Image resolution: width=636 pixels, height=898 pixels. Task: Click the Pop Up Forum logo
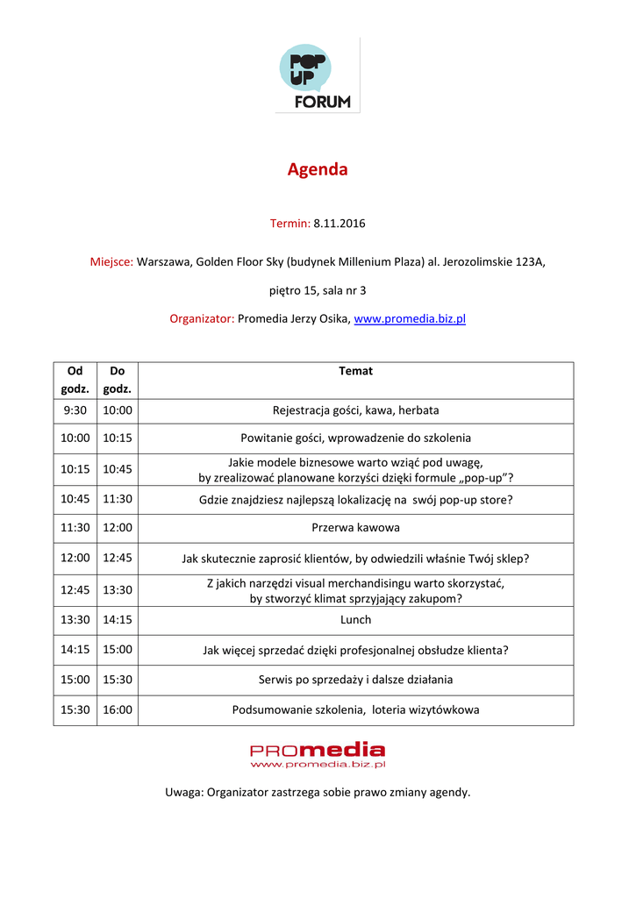(317, 78)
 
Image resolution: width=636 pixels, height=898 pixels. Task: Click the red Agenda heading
(318, 169)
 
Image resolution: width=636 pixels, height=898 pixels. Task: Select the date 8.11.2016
(339, 224)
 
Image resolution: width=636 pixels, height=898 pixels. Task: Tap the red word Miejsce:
(111, 261)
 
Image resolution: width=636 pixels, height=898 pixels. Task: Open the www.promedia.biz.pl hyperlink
(409, 318)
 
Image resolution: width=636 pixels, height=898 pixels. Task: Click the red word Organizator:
(202, 318)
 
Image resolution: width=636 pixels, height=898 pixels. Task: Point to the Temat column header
(355, 371)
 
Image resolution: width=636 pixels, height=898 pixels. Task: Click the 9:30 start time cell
(75, 410)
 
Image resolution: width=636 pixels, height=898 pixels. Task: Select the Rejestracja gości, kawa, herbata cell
(355, 410)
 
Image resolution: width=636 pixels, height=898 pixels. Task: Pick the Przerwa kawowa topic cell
(355, 528)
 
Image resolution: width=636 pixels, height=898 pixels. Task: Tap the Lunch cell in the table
(355, 620)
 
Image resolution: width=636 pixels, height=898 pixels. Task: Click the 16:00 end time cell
(118, 710)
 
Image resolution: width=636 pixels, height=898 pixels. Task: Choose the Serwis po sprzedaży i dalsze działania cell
(355, 680)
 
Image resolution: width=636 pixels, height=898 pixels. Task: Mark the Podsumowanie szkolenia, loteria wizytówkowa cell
(355, 710)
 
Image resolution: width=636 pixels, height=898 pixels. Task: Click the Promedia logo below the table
(318, 755)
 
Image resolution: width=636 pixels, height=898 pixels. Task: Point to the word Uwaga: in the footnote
(184, 793)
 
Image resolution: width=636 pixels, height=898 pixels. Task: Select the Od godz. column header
(75, 380)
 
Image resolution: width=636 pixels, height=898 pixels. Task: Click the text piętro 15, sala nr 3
(318, 290)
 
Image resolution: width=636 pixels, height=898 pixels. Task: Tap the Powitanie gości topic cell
(355, 438)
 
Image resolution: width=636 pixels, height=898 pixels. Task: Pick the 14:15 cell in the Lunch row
(118, 620)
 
